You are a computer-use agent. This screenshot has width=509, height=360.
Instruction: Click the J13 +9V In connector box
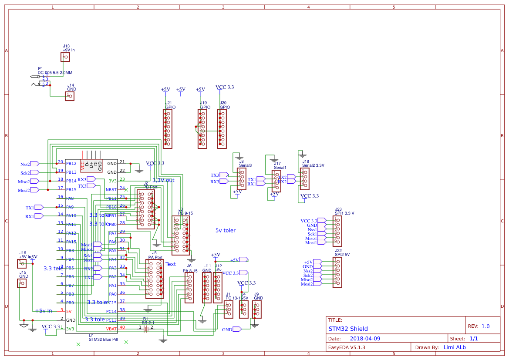click(x=66, y=57)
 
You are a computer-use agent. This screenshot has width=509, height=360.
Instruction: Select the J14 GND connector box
click(x=70, y=96)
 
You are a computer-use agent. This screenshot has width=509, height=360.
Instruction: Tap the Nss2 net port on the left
click(x=34, y=164)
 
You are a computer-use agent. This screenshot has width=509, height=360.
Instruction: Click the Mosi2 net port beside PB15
click(x=34, y=190)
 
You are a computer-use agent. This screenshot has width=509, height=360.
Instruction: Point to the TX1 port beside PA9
click(x=39, y=207)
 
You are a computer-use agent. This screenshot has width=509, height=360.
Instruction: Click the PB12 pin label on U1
click(x=71, y=164)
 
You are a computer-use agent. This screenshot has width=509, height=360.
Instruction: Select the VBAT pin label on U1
click(x=111, y=329)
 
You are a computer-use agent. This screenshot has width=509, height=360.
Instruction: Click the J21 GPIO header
click(x=168, y=129)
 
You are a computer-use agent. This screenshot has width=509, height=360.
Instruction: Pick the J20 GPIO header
click(x=222, y=129)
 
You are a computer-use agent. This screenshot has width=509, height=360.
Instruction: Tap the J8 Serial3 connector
click(x=242, y=179)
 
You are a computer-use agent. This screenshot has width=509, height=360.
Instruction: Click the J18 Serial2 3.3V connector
click(x=304, y=179)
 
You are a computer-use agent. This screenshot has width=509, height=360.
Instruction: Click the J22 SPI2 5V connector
click(x=337, y=273)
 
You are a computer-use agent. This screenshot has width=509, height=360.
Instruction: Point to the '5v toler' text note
click(x=226, y=230)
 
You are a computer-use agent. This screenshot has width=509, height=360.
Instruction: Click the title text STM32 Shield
click(x=348, y=329)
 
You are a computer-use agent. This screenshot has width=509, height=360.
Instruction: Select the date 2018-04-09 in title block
click(x=365, y=338)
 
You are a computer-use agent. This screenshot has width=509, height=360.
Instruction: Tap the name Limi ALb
click(x=454, y=347)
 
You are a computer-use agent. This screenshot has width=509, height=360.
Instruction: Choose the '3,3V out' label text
click(x=163, y=180)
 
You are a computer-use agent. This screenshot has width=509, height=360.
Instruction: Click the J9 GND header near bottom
click(x=257, y=309)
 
